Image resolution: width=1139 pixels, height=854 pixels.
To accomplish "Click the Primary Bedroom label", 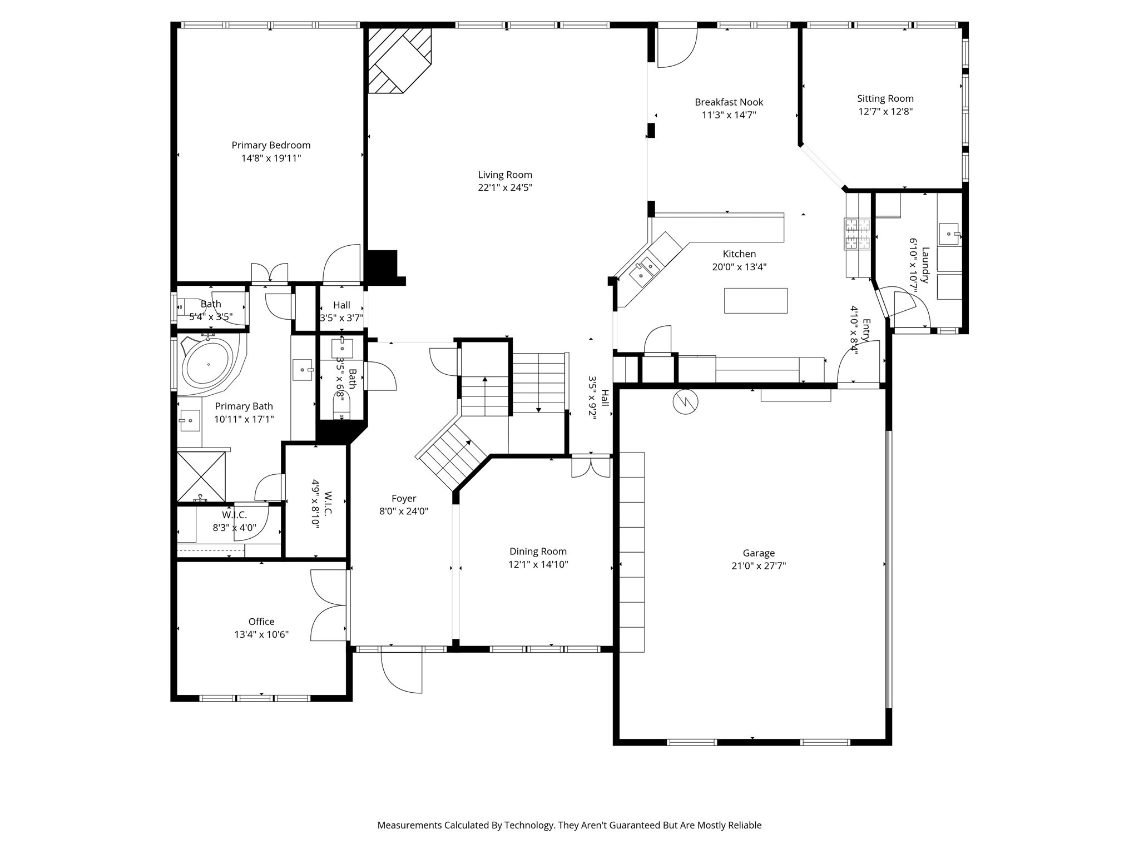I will pyautogui.click(x=271, y=145).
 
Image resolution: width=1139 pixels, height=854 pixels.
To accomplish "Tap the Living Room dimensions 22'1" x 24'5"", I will pyautogui.click(x=505, y=188).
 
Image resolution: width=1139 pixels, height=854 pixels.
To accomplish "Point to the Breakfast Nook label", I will pyautogui.click(x=729, y=102).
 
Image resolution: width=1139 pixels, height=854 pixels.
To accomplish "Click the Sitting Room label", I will pyautogui.click(x=885, y=98).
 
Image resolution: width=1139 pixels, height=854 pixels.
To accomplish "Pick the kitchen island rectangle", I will pyautogui.click(x=755, y=301).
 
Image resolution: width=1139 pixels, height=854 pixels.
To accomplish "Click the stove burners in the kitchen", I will pyautogui.click(x=857, y=234).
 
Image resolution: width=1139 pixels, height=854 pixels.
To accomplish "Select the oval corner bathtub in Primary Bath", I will pyautogui.click(x=209, y=364).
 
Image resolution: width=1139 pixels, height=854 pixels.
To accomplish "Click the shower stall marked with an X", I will pyautogui.click(x=201, y=476).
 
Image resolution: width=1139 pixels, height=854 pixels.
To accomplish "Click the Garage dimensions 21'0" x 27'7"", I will pyautogui.click(x=759, y=566).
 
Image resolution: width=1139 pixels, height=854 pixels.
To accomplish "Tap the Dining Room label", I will pyautogui.click(x=538, y=552).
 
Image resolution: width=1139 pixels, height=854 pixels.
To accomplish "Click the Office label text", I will pyautogui.click(x=261, y=622).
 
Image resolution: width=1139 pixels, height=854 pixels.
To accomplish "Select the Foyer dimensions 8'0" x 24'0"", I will pyautogui.click(x=404, y=512).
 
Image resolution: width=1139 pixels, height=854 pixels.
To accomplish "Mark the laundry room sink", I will pyautogui.click(x=949, y=234).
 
